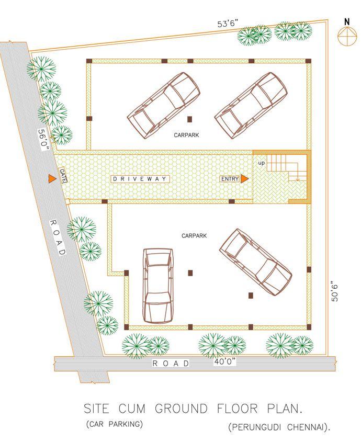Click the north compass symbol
click(346, 36)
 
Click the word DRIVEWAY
click(141, 179)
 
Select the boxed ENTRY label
click(230, 179)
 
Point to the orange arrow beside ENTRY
click(244, 179)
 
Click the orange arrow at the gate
click(52, 179)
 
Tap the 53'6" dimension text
click(228, 24)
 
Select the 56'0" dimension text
click(43, 140)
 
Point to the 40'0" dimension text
click(225, 361)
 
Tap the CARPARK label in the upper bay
click(186, 135)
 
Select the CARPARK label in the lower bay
click(194, 236)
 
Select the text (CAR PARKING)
click(114, 424)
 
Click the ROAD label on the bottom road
click(171, 363)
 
